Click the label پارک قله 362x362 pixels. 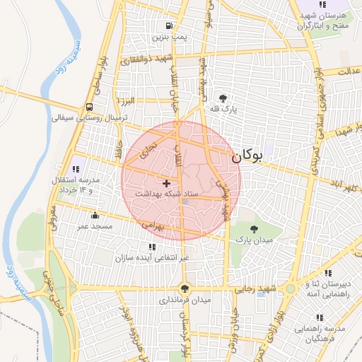pos(224,110)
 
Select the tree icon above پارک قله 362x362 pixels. pos(224,98)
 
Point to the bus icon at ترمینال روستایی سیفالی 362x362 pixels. pos(89,107)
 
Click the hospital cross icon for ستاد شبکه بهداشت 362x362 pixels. pos(166,183)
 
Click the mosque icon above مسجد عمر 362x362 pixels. pos(95,215)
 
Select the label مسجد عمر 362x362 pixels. pos(95,226)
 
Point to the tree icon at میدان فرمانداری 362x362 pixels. pos(185,288)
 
